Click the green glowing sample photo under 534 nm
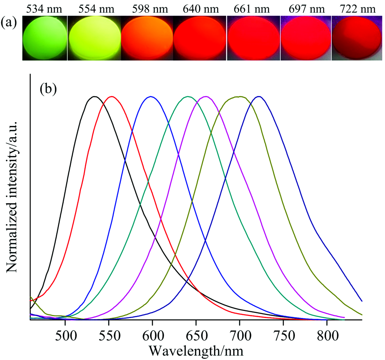tap(45, 38)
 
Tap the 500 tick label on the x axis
tap(65, 332)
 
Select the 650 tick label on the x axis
tap(196, 332)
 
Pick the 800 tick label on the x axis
tap(327, 332)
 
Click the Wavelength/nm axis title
tap(196, 350)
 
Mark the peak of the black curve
tap(94, 96)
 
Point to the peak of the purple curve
tap(206, 96)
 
